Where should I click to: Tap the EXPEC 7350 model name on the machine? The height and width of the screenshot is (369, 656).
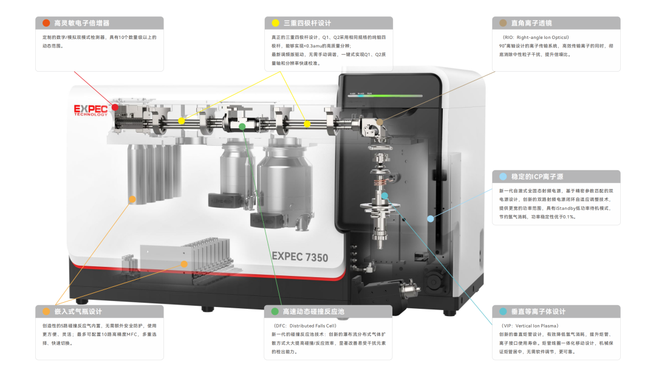pyautogui.click(x=300, y=257)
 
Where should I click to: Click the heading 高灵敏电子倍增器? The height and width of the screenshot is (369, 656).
pyautogui.click(x=82, y=23)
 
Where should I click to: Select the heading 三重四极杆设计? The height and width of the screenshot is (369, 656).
pyautogui.click(x=307, y=23)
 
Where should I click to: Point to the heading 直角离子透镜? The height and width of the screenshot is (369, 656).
pyautogui.click(x=531, y=23)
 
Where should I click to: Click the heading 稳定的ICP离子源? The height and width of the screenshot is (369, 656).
pyautogui.click(x=538, y=177)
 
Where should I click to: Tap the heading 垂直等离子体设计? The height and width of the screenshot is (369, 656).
pyautogui.click(x=538, y=311)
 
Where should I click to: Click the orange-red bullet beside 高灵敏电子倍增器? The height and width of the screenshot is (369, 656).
pyautogui.click(x=46, y=23)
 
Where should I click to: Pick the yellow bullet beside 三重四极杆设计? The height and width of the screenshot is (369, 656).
pyautogui.click(x=275, y=23)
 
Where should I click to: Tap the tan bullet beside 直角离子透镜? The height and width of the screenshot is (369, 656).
pyautogui.click(x=503, y=23)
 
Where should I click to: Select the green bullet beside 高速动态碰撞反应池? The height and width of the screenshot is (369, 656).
pyautogui.click(x=275, y=311)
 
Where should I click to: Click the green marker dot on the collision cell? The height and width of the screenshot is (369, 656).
pyautogui.click(x=242, y=126)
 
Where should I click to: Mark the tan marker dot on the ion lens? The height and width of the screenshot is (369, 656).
pyautogui.click(x=380, y=122)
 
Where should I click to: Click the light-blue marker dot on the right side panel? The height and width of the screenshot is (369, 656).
pyautogui.click(x=431, y=218)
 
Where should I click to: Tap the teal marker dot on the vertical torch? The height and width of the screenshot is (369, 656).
pyautogui.click(x=384, y=196)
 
